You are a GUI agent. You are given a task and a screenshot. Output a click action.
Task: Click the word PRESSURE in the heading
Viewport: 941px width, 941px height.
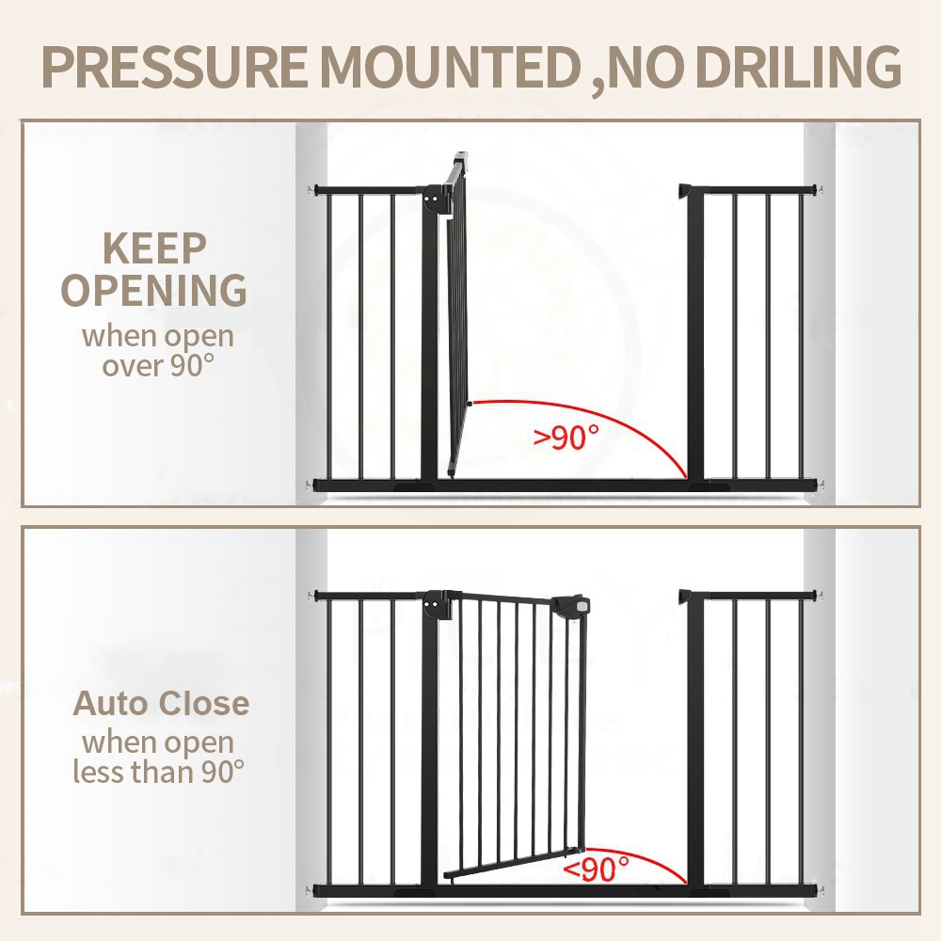[x=174, y=66]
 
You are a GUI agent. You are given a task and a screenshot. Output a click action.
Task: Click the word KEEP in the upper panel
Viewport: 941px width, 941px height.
[x=154, y=248]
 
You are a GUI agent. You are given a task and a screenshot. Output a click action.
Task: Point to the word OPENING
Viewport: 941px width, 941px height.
[x=154, y=291]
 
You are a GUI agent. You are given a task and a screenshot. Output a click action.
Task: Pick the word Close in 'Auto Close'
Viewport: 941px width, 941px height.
[x=203, y=703]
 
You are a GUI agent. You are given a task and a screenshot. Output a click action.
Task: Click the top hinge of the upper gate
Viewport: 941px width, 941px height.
[x=435, y=200]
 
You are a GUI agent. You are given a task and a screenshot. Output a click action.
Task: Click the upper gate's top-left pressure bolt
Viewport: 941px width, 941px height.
[x=311, y=191]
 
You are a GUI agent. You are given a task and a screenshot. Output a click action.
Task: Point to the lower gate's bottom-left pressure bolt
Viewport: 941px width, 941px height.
[x=311, y=890]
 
